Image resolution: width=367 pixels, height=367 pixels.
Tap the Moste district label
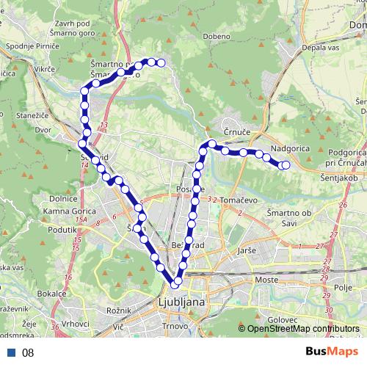coord(266,280)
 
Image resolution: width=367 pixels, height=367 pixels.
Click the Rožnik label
coord(117,310)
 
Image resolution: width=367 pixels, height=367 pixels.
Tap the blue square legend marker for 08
coord(11,352)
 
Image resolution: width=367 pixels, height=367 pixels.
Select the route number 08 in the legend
coord(28,352)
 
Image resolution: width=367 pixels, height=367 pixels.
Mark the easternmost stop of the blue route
coord(286,165)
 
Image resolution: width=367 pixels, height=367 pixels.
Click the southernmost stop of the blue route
coord(177,281)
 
